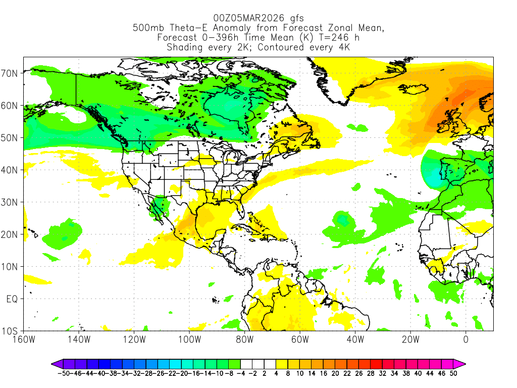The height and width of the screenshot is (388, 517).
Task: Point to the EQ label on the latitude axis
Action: pyautogui.click(x=13, y=299)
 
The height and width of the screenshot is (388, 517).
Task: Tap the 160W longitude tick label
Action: pyautogui.click(x=24, y=339)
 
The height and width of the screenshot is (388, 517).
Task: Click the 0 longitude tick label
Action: pyautogui.click(x=466, y=339)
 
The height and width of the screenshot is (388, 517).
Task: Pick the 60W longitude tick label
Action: pyautogui.click(x=300, y=339)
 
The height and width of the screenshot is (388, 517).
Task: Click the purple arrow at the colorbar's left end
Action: pyautogui.click(x=54, y=363)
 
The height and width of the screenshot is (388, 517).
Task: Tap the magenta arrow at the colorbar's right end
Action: pyautogui.click(x=462, y=363)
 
